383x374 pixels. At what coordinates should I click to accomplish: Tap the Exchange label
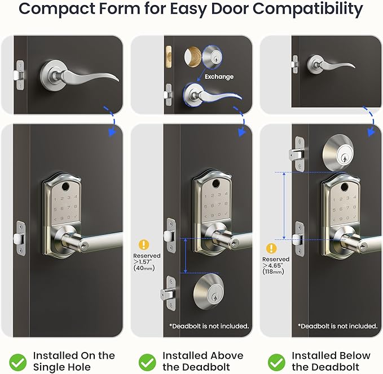click(x=219, y=77)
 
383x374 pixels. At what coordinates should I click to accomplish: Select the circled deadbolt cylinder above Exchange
click(x=214, y=56)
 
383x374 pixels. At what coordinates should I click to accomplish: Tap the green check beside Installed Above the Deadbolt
click(x=147, y=361)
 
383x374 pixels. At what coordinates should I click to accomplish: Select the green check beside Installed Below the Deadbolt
click(x=276, y=361)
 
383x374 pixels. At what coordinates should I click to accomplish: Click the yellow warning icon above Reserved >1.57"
click(x=144, y=244)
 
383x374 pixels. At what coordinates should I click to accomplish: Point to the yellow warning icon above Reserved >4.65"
click(x=272, y=248)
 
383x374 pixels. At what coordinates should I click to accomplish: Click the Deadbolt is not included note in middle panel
click(x=208, y=326)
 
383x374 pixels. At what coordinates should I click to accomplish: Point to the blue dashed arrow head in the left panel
click(x=112, y=133)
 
